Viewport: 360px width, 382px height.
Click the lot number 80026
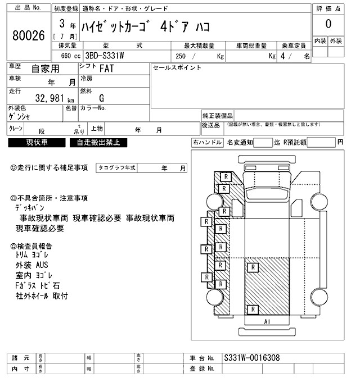(28, 35)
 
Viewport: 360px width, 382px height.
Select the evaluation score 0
(328, 25)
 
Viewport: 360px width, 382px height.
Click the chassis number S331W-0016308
(251, 358)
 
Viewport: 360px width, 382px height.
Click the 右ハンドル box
(207, 143)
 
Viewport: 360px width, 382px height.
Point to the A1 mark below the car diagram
(268, 321)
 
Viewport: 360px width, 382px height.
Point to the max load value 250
(181, 56)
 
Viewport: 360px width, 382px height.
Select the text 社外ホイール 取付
(42, 295)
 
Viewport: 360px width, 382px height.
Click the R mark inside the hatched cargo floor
(254, 310)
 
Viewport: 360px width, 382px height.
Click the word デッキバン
(31, 208)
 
